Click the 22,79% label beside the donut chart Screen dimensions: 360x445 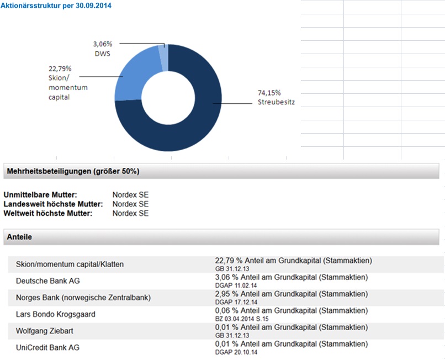click(61, 69)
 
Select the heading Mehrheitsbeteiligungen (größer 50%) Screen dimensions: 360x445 click(73, 172)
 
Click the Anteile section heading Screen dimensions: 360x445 click(19, 237)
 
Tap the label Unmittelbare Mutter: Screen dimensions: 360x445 click(40, 195)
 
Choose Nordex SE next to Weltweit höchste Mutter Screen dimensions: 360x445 click(130, 213)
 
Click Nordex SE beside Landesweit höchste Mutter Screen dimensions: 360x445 click(130, 204)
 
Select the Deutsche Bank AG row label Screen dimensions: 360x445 click(47, 281)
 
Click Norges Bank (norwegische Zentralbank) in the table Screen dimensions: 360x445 click(83, 298)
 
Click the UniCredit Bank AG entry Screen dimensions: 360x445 click(47, 347)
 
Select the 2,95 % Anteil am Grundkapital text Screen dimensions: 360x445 click(291, 294)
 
